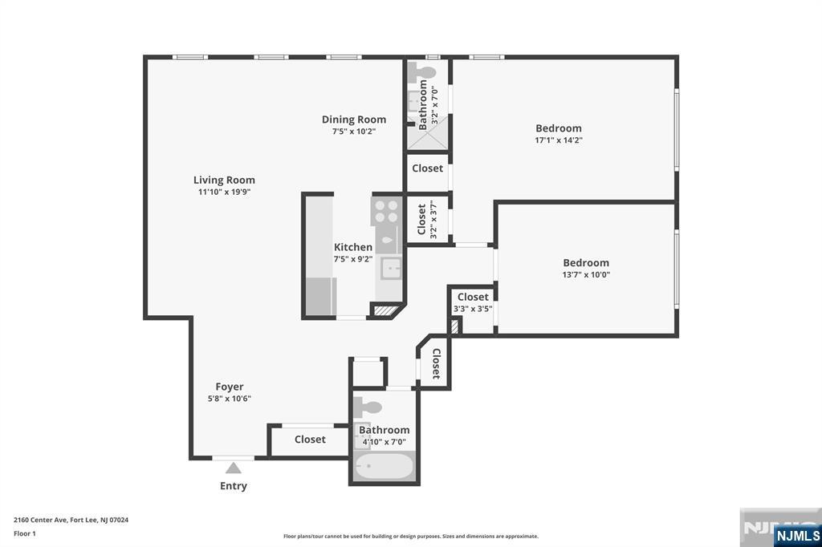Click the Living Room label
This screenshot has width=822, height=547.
tap(224, 180)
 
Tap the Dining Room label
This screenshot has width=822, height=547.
tap(354, 120)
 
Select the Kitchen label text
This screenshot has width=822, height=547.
tap(353, 247)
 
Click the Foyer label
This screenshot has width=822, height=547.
tap(229, 387)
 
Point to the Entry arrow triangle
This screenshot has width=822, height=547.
tap(233, 468)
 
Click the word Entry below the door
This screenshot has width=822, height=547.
tap(233, 486)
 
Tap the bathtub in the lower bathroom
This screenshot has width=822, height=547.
tap(384, 467)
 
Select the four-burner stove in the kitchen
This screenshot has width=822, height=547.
tap(386, 210)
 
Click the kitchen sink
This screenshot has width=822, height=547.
tap(390, 268)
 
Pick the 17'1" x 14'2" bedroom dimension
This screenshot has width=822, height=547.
tap(559, 140)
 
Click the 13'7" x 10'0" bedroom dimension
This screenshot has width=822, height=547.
tap(585, 274)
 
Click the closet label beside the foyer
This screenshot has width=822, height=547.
tap(310, 440)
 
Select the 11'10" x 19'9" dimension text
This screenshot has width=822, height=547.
tap(224, 192)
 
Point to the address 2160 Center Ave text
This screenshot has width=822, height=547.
tap(71, 520)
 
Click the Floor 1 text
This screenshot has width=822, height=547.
tap(25, 533)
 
